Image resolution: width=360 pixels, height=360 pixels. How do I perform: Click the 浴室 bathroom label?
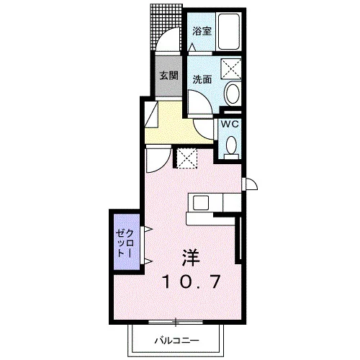[x=202, y=31]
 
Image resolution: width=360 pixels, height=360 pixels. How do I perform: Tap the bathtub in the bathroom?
[x=228, y=31]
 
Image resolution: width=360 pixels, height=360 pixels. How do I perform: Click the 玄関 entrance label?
[x=169, y=76]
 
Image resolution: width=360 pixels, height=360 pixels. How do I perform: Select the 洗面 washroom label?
[x=202, y=79]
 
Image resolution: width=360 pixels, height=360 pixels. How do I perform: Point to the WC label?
[x=230, y=124]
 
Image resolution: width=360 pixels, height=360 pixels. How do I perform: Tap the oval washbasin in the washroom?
[x=232, y=93]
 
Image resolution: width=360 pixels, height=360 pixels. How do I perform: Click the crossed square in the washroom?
[x=231, y=68]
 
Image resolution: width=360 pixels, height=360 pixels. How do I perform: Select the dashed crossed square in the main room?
[x=186, y=158]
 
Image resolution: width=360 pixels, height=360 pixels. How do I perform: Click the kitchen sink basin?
[x=201, y=203]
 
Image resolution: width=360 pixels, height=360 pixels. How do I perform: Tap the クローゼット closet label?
[x=125, y=243]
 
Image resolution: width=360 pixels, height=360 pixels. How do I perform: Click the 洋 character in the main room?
[x=191, y=258]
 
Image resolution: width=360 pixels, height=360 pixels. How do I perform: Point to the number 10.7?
[x=192, y=282]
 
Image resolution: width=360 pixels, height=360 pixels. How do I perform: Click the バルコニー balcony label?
[x=176, y=341]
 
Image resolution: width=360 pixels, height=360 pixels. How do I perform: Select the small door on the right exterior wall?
[x=250, y=184]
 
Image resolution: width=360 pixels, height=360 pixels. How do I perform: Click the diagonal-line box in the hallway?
[x=152, y=114]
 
